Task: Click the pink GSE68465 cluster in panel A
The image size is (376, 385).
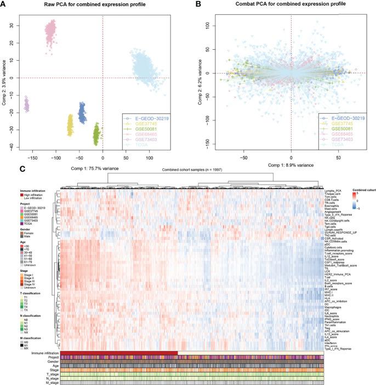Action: pyautogui.click(x=55, y=33)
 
